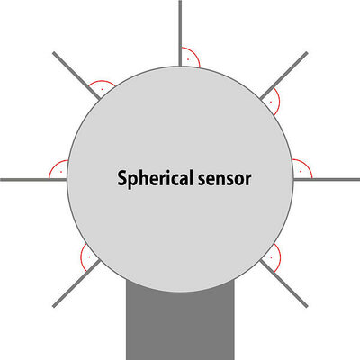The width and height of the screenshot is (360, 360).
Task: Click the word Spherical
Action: [155, 179]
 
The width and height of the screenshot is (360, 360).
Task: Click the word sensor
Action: [224, 179]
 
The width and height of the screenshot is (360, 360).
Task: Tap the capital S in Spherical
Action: [121, 178]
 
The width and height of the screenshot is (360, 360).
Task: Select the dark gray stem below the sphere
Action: [180, 322]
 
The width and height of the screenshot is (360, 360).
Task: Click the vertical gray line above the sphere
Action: [180, 33]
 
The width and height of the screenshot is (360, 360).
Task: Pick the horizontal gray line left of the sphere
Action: [33, 180]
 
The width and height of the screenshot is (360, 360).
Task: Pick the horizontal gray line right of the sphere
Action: [327, 180]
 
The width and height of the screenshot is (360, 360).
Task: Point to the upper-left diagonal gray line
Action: [76, 76]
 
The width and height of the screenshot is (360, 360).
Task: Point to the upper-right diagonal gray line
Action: [283, 76]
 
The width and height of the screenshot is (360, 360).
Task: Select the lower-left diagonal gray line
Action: [76, 283]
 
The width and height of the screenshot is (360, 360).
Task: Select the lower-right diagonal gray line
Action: [283, 283]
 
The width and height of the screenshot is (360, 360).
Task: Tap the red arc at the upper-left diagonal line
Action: [102, 81]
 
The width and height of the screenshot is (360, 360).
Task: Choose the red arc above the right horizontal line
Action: [307, 166]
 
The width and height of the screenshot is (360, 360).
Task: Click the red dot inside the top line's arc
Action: [188, 59]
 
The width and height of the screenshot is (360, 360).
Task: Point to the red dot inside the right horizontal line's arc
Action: [301, 171]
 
